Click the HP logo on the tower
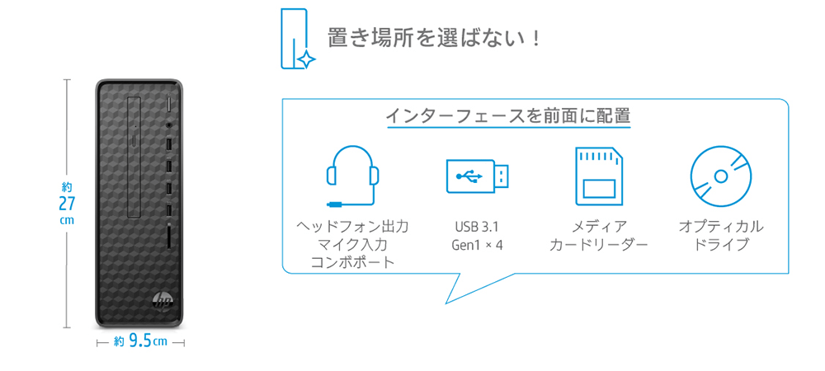(162, 301)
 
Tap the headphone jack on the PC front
(169, 125)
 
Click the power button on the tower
(169, 105)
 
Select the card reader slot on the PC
(168, 237)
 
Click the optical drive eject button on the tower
(134, 141)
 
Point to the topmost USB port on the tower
(169, 143)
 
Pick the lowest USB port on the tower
(169, 209)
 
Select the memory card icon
(599, 176)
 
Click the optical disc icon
(721, 176)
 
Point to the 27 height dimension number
(67, 204)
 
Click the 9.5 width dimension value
(140, 341)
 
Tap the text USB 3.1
(477, 227)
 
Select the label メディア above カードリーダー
(599, 227)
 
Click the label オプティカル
(721, 227)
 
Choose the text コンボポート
(352, 261)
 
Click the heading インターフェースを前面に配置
(508, 115)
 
